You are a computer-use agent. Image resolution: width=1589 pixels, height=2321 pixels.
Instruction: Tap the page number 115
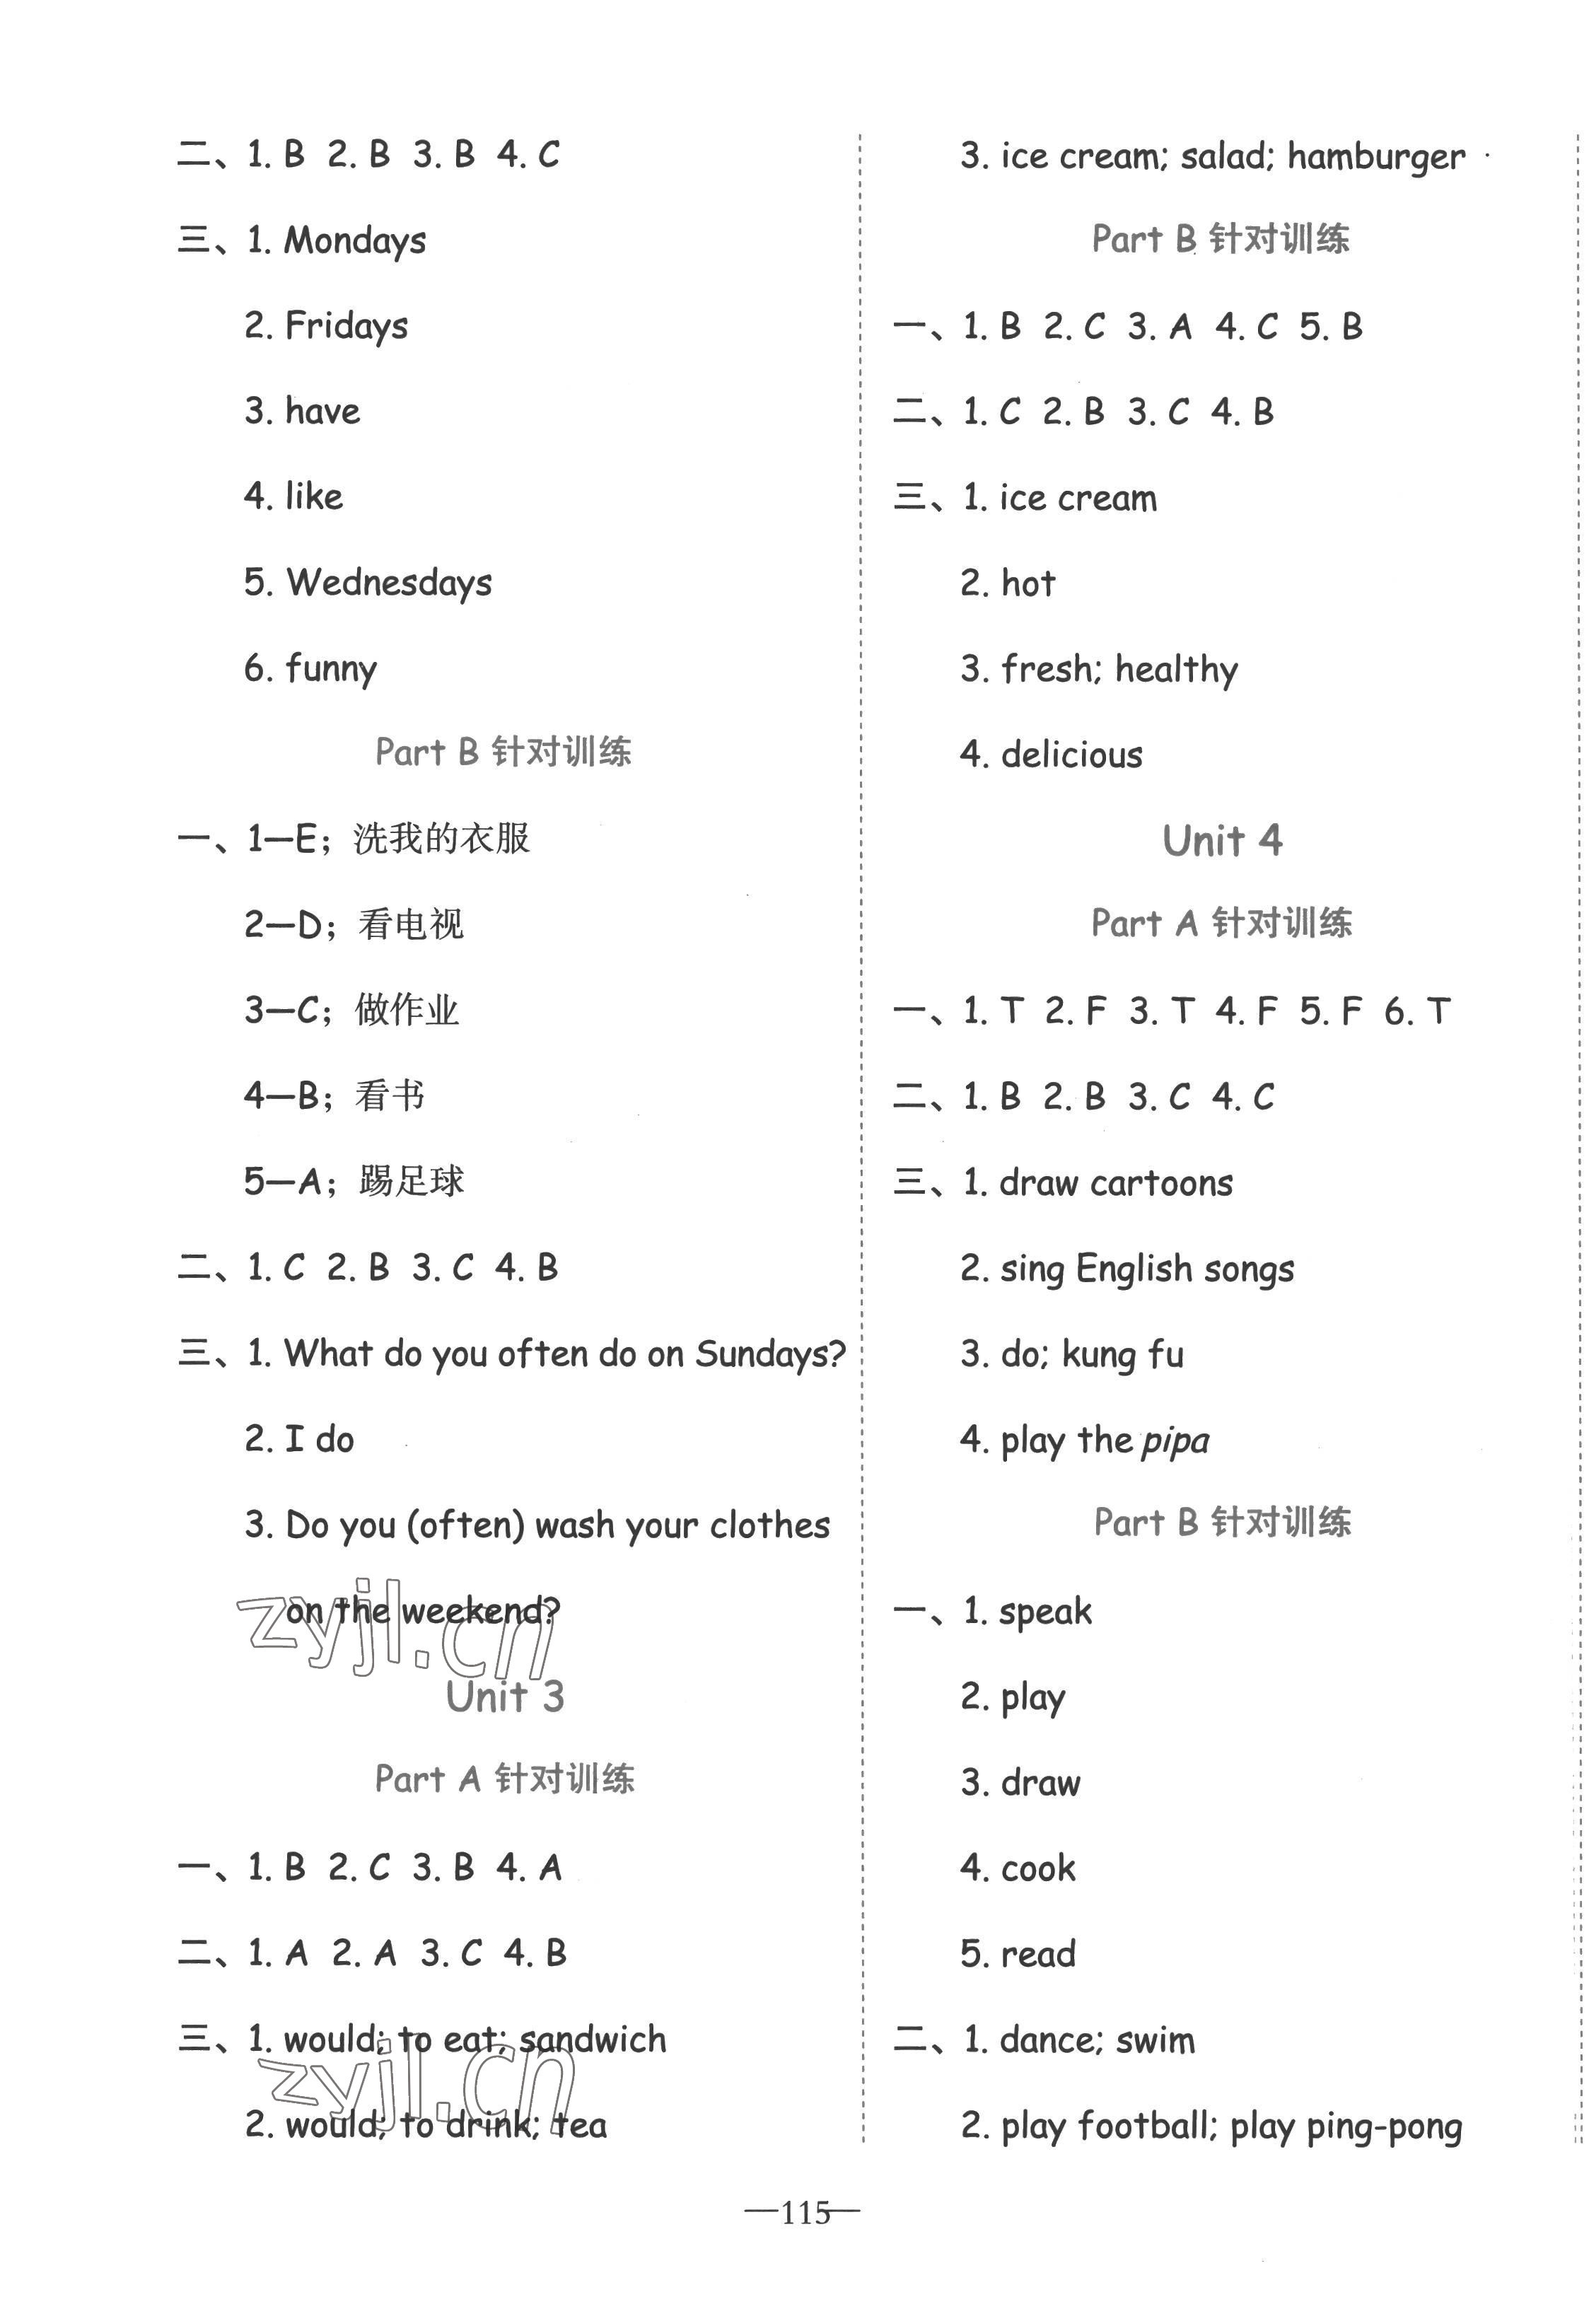click(805, 2212)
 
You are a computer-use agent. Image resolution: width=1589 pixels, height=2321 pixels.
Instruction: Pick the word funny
click(330, 669)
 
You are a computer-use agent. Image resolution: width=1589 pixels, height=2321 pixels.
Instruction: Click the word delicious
click(1071, 755)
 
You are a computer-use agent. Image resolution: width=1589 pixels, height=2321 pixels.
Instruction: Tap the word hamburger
click(1375, 158)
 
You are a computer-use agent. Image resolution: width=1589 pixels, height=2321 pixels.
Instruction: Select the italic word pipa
click(1175, 1441)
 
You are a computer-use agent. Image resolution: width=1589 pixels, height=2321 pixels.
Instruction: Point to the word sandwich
click(593, 2040)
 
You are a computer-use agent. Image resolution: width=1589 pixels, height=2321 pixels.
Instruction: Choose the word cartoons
click(1162, 1183)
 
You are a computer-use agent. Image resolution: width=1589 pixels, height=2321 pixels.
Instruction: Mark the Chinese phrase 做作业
click(407, 1011)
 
